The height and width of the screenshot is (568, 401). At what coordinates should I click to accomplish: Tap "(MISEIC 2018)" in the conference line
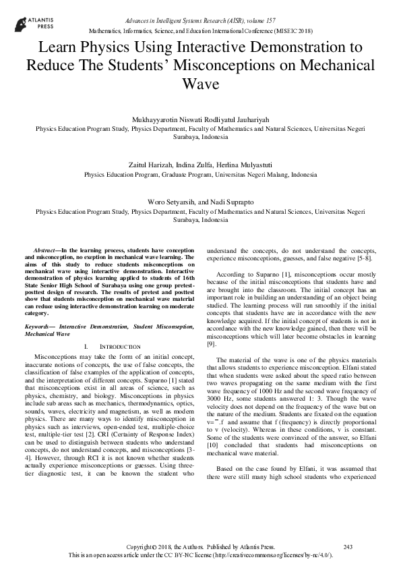tap(295, 32)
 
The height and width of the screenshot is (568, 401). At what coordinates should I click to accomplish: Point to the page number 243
tap(348, 546)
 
